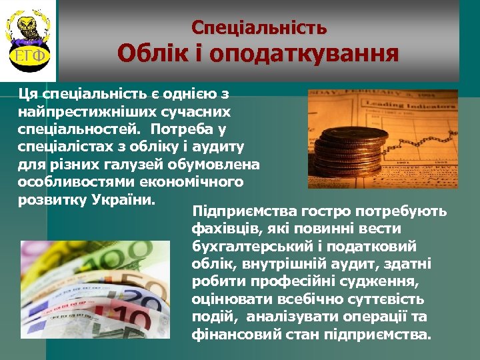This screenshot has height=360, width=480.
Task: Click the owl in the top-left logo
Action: point(29,28)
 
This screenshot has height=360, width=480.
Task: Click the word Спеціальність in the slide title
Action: point(259,27)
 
